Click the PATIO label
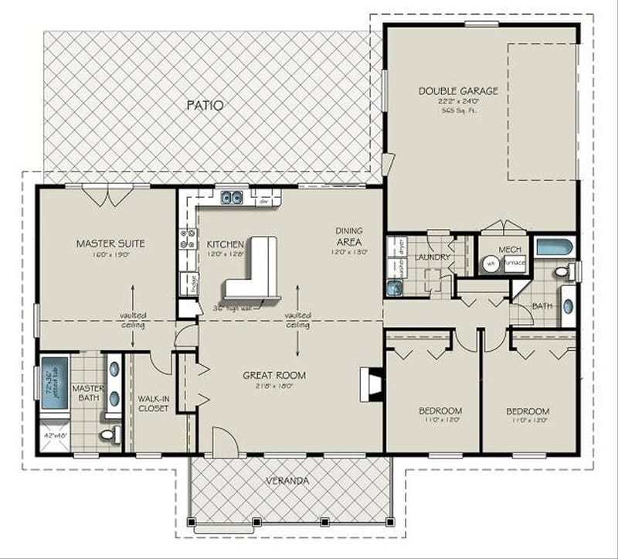tap(205, 105)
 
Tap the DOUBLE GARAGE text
tap(458, 90)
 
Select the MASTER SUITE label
tap(110, 244)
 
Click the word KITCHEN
tap(226, 244)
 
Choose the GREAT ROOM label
tap(274, 376)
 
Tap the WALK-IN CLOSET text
tap(153, 404)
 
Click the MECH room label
tap(510, 250)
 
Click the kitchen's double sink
tap(231, 198)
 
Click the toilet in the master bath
tap(113, 435)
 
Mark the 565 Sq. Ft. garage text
tap(458, 111)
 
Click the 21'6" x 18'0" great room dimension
tap(274, 387)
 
